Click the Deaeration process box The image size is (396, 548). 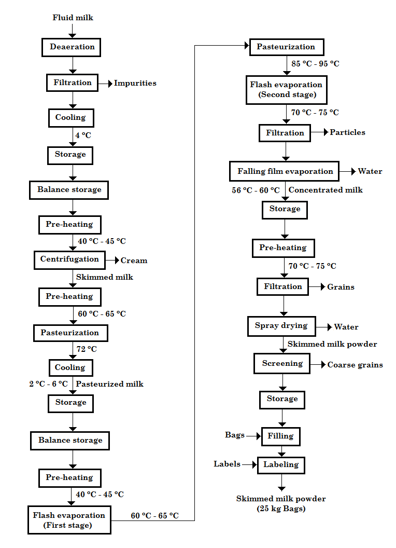coord(72,47)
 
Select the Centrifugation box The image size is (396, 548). coord(69,259)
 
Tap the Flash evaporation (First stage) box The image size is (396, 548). coord(69,520)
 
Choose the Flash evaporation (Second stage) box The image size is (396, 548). coord(286,90)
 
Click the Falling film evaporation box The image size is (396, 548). coord(285,171)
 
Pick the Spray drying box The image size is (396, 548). coord(281,326)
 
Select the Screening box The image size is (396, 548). coord(282,363)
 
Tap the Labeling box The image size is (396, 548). coord(281,464)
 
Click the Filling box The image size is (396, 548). coord(280,436)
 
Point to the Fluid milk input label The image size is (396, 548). coord(73,18)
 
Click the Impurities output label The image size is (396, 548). coord(135,83)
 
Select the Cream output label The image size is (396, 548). coord(134,261)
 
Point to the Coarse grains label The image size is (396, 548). coord(355,365)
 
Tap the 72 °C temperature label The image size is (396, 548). coord(87,349)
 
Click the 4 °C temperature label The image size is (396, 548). coord(83,135)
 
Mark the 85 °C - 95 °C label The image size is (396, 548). coord(315,64)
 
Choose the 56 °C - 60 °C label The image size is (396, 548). coord(256,190)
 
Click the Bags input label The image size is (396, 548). coord(234,435)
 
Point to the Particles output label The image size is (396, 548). coord(347,132)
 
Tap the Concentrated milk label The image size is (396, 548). coord(326,190)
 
